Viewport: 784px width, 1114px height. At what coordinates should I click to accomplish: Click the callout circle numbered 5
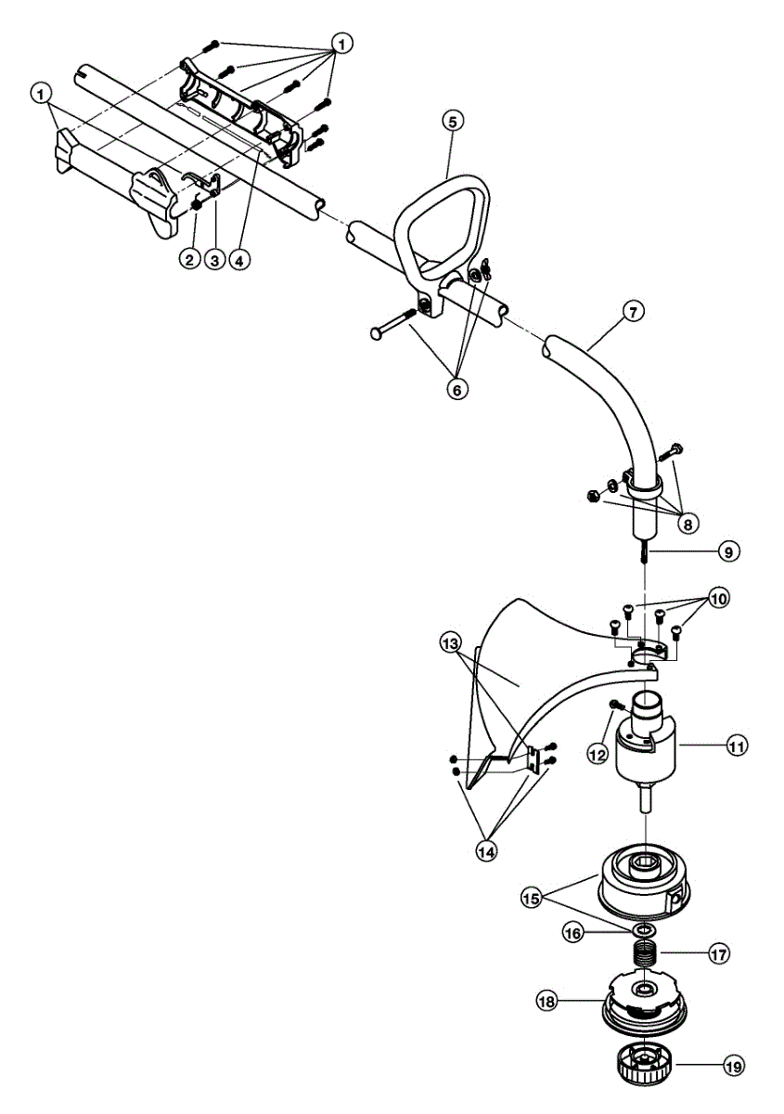pyautogui.click(x=452, y=121)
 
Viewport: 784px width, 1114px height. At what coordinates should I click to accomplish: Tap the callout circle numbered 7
pyautogui.click(x=631, y=312)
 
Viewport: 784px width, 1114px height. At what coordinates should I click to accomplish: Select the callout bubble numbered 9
pyautogui.click(x=727, y=551)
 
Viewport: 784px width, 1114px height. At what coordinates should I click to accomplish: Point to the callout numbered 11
pyautogui.click(x=736, y=745)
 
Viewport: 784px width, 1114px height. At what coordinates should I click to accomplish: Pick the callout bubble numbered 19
pyautogui.click(x=733, y=1068)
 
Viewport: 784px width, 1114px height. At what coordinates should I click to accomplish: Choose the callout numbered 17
pyautogui.click(x=718, y=953)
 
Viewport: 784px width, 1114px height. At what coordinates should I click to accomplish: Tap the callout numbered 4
pyautogui.click(x=238, y=260)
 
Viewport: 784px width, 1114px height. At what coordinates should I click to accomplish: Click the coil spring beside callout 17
pyautogui.click(x=645, y=953)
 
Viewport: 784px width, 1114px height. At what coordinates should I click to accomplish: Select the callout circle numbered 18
pyautogui.click(x=546, y=1001)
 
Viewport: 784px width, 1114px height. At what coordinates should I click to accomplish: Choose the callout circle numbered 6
pyautogui.click(x=456, y=389)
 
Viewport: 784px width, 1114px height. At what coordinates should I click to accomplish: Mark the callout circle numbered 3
pyautogui.click(x=213, y=260)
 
